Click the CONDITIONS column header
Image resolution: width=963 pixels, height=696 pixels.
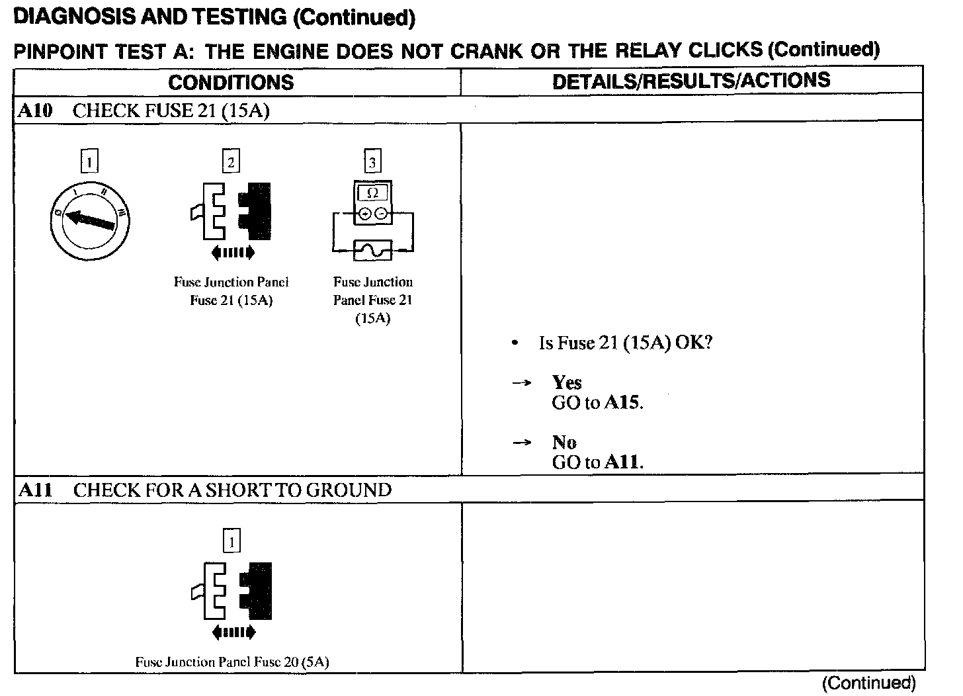tap(231, 82)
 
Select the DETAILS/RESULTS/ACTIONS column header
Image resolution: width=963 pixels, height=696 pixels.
tap(691, 81)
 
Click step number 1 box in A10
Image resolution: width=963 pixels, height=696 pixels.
tap(89, 161)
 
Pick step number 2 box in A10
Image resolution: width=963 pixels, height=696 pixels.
tap(231, 161)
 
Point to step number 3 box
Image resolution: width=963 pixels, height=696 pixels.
tap(372, 161)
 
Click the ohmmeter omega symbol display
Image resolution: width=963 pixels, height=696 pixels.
tap(372, 193)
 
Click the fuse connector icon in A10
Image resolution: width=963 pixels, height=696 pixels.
tap(231, 212)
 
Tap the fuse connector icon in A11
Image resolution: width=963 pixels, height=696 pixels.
tap(231, 591)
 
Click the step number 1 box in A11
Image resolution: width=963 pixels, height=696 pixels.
tap(231, 541)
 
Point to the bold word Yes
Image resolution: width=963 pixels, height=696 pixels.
tap(567, 382)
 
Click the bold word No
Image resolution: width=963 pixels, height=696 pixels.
tap(564, 442)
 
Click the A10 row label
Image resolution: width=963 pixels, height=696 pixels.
tap(35, 110)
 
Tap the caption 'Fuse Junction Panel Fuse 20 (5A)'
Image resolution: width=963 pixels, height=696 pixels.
tap(232, 662)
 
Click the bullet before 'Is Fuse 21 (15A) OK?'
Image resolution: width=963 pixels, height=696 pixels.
tap(515, 343)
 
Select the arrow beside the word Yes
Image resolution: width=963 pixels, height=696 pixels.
tap(522, 383)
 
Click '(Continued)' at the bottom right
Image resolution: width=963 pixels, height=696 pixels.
tap(869, 683)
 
